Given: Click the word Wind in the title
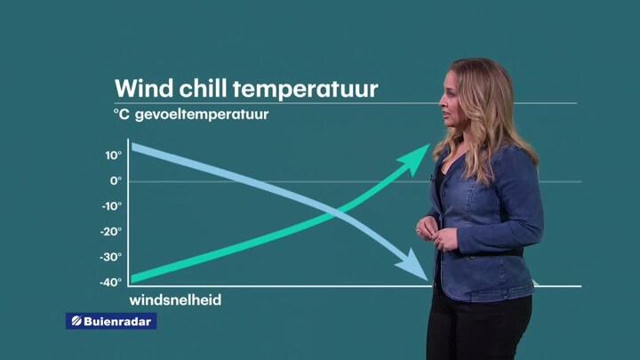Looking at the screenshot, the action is pos(144,88).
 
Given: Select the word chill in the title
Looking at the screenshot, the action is pos(203,88).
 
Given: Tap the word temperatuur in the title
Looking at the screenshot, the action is pos(305,90).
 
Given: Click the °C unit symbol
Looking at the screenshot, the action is pos(121,115).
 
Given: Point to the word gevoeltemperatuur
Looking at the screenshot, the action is pos(202,115).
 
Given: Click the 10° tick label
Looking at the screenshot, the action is pos(114,156).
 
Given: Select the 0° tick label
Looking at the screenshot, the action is pos(116,180).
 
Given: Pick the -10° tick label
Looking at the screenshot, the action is pos(112,206).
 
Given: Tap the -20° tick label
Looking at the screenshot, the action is pos(111,232).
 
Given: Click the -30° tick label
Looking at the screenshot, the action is pos(110,257).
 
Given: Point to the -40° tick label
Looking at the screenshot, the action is pos(110,282).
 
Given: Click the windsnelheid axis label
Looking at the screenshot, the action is pos(175,300).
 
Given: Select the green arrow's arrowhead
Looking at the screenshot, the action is pos(414,158).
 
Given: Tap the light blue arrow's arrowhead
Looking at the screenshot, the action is pos(413,266).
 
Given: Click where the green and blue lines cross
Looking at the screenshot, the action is pos(338,212).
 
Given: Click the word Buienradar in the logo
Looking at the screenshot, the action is pos(117,321).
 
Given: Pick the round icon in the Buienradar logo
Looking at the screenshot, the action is pos(76,321).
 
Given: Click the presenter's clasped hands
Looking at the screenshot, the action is pos(436,234).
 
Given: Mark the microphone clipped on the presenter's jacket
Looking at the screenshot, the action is pos(431,179).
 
